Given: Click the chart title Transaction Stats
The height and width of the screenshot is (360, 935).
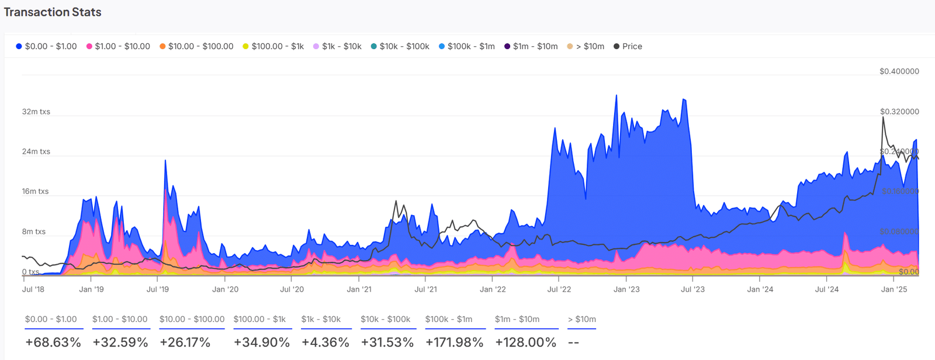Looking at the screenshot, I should point(53,12).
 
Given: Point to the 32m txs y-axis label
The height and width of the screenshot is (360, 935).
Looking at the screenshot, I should point(36,112).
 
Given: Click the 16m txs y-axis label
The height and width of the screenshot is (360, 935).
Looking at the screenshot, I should point(36,191).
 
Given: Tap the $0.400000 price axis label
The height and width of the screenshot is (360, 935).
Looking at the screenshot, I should point(899,71).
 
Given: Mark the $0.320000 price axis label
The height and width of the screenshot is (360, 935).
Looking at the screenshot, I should point(899,112).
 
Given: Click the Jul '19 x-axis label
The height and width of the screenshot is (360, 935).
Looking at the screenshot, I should point(158,289).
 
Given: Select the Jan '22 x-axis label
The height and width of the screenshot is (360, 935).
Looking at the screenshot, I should point(493,289).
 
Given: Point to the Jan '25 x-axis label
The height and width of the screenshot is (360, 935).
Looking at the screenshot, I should point(894,289).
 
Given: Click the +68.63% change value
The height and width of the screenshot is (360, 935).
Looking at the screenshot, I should point(53,342).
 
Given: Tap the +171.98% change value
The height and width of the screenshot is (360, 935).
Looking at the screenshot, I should point(454,342).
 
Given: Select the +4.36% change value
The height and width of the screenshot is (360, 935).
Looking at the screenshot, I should point(325,342).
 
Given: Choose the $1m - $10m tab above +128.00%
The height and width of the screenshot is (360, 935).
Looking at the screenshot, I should point(517,319).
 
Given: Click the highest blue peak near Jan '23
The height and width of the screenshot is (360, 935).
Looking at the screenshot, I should point(616,95).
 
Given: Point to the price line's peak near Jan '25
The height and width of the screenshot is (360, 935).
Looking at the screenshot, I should point(882,117).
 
